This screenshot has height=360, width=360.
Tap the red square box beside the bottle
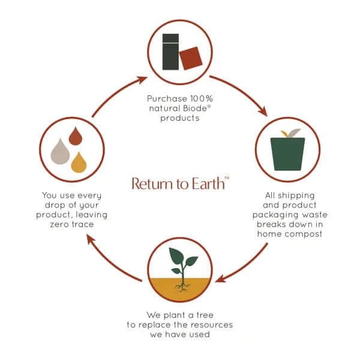[191, 58]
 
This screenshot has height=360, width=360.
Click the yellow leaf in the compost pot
[284, 133]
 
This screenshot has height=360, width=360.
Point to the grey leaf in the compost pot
[293, 133]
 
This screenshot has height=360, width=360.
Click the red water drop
[75, 137]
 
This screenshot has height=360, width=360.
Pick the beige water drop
[61, 152]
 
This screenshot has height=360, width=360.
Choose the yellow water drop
[79, 162]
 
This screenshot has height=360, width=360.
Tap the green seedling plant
[182, 263]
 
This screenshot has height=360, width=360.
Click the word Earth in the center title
[207, 183]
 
